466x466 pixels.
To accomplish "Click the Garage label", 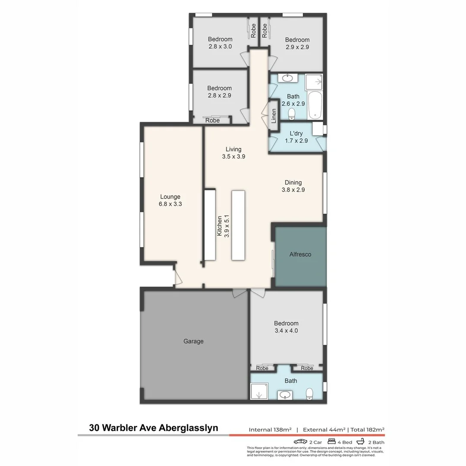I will [193, 341].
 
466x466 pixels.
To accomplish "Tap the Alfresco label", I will [300, 254].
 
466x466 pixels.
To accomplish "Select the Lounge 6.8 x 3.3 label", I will [170, 201].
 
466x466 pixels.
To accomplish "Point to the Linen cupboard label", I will [274, 116].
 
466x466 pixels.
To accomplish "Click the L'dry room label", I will [296, 133].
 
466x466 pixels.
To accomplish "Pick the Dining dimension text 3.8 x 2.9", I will [293, 189].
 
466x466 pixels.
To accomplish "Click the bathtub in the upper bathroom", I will [315, 104].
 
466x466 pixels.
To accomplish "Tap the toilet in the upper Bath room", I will [292, 113].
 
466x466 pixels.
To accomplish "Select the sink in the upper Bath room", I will [286, 78].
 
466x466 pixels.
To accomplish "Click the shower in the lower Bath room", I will [259, 393].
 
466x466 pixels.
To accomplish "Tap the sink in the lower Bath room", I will [284, 394].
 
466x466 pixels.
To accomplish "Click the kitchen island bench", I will [238, 225].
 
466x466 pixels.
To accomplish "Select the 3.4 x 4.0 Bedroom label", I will [286, 327].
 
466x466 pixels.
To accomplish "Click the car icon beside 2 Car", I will [300, 442].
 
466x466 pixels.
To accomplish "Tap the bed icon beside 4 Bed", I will [332, 442].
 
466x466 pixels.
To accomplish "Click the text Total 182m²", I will [367, 429].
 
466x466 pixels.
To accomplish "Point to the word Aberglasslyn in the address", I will [189, 428].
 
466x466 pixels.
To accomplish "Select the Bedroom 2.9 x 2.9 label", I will [297, 43].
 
